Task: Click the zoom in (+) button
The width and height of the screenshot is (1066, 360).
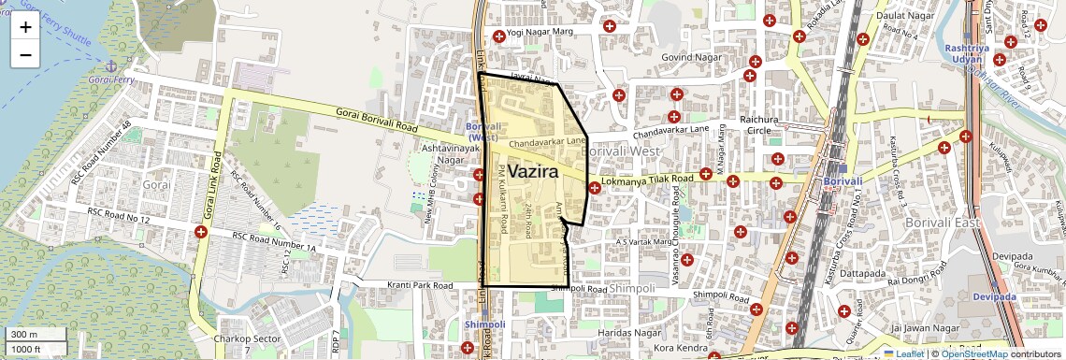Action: pyautogui.click(x=25, y=27)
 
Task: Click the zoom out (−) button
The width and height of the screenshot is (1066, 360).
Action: pyautogui.click(x=25, y=54)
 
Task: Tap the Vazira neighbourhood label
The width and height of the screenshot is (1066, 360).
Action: pyautogui.click(x=532, y=172)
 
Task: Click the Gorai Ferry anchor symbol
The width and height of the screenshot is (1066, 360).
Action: pyautogui.click(x=111, y=65)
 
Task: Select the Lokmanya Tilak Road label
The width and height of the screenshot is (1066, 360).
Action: pyautogui.click(x=647, y=178)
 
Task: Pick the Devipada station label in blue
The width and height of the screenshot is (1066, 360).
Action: pyautogui.click(x=994, y=296)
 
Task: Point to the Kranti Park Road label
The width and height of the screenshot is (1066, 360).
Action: pyautogui.click(x=418, y=285)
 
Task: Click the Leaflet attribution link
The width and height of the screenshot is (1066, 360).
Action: pyautogui.click(x=904, y=353)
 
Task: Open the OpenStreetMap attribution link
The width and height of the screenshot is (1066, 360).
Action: pyautogui.click(x=973, y=353)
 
